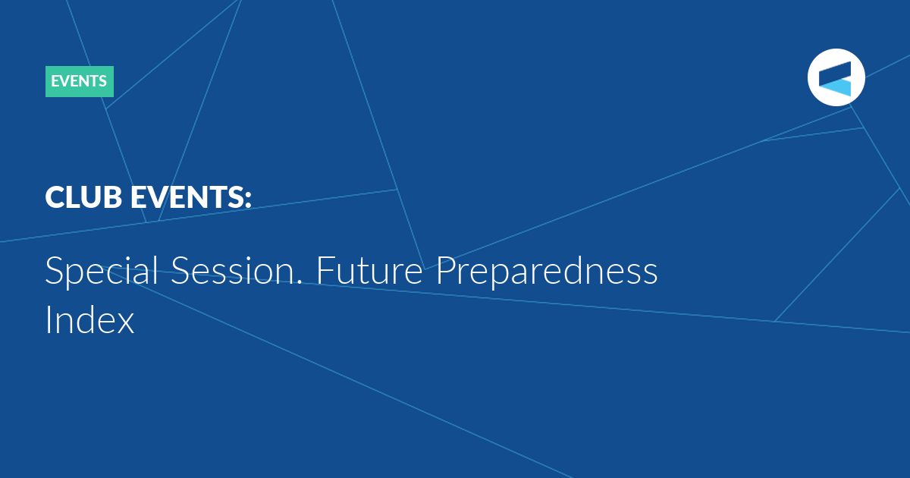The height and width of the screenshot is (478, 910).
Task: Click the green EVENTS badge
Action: coord(80,81)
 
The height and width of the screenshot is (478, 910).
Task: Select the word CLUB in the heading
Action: coord(83,197)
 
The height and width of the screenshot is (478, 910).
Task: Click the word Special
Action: coord(102,270)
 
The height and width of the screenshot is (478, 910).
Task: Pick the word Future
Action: coord(370,270)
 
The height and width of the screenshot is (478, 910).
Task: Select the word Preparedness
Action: coord(547,270)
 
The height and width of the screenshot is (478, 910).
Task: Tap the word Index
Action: coord(89,319)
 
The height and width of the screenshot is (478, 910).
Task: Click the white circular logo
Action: coord(836,77)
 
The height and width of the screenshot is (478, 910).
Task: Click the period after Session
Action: coord(300,281)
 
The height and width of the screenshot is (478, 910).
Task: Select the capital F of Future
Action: coord(325,270)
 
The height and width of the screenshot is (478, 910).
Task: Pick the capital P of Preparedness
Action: coord(446,270)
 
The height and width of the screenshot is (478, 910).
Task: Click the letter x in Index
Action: coord(125,324)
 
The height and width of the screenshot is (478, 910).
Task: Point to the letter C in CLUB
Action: coord(55,197)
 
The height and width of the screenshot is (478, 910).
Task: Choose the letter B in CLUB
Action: coord(112,197)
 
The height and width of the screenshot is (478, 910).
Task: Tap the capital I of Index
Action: coord(48,319)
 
